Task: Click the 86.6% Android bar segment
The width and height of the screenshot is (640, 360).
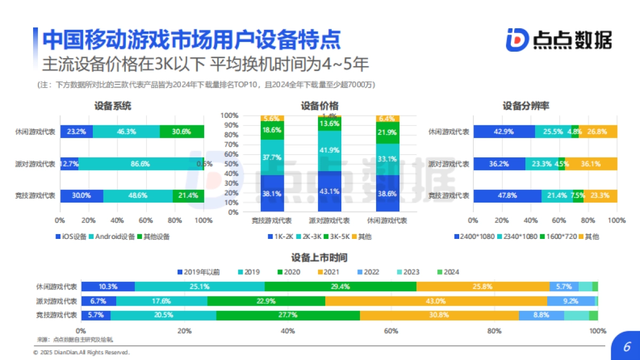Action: [x=140, y=164]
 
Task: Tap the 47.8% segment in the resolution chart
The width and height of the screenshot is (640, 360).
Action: [x=507, y=196]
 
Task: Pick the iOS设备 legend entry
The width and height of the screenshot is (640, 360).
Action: [x=71, y=236]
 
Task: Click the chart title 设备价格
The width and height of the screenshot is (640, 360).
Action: [x=319, y=106]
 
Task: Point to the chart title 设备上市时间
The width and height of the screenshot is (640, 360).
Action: [x=319, y=258]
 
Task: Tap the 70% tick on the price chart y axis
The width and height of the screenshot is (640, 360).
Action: [x=230, y=145]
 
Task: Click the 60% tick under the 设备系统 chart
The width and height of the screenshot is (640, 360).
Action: [x=146, y=220]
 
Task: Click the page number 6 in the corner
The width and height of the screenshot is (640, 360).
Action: [x=627, y=347]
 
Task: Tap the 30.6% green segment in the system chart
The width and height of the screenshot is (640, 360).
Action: [x=182, y=132]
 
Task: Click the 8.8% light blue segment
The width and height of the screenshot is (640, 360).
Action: [x=541, y=315]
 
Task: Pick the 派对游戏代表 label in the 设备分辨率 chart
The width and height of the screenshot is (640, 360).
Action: [x=449, y=164]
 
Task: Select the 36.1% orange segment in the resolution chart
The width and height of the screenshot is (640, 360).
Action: [x=590, y=164]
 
